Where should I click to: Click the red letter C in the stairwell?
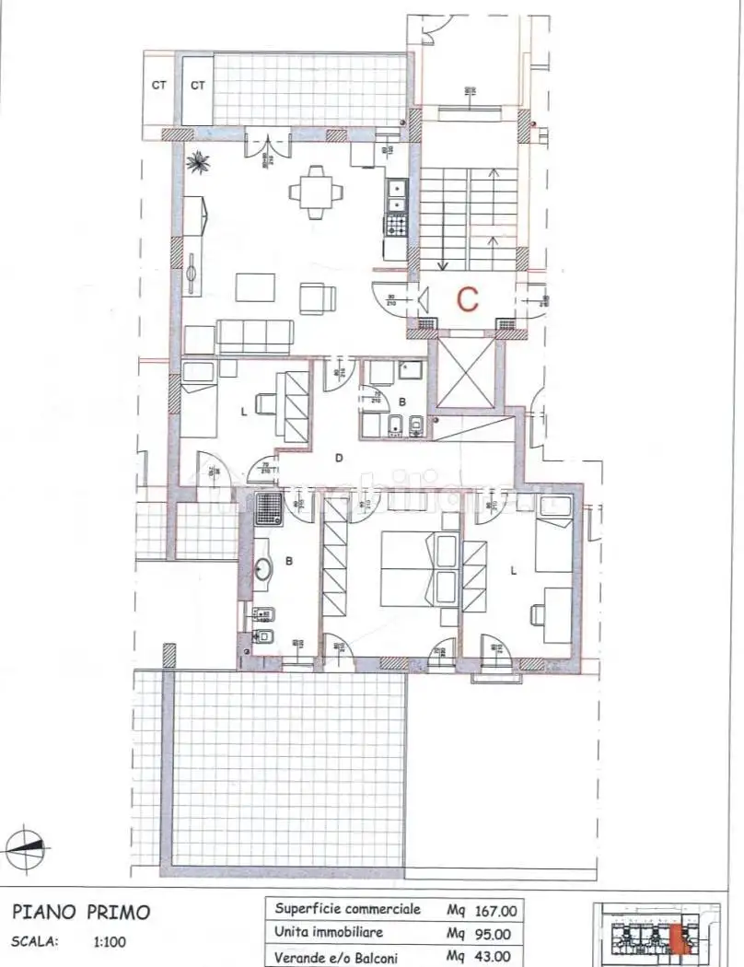click(x=469, y=297)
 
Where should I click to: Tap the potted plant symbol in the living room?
click(x=198, y=164)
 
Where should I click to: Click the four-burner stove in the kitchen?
click(x=397, y=225)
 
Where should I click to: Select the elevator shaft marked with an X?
click(x=464, y=373)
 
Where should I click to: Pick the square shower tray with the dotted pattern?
click(x=268, y=507)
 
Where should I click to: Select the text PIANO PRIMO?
click(x=81, y=913)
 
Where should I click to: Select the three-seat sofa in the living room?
click(x=255, y=334)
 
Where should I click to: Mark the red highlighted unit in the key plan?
click(x=680, y=940)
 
